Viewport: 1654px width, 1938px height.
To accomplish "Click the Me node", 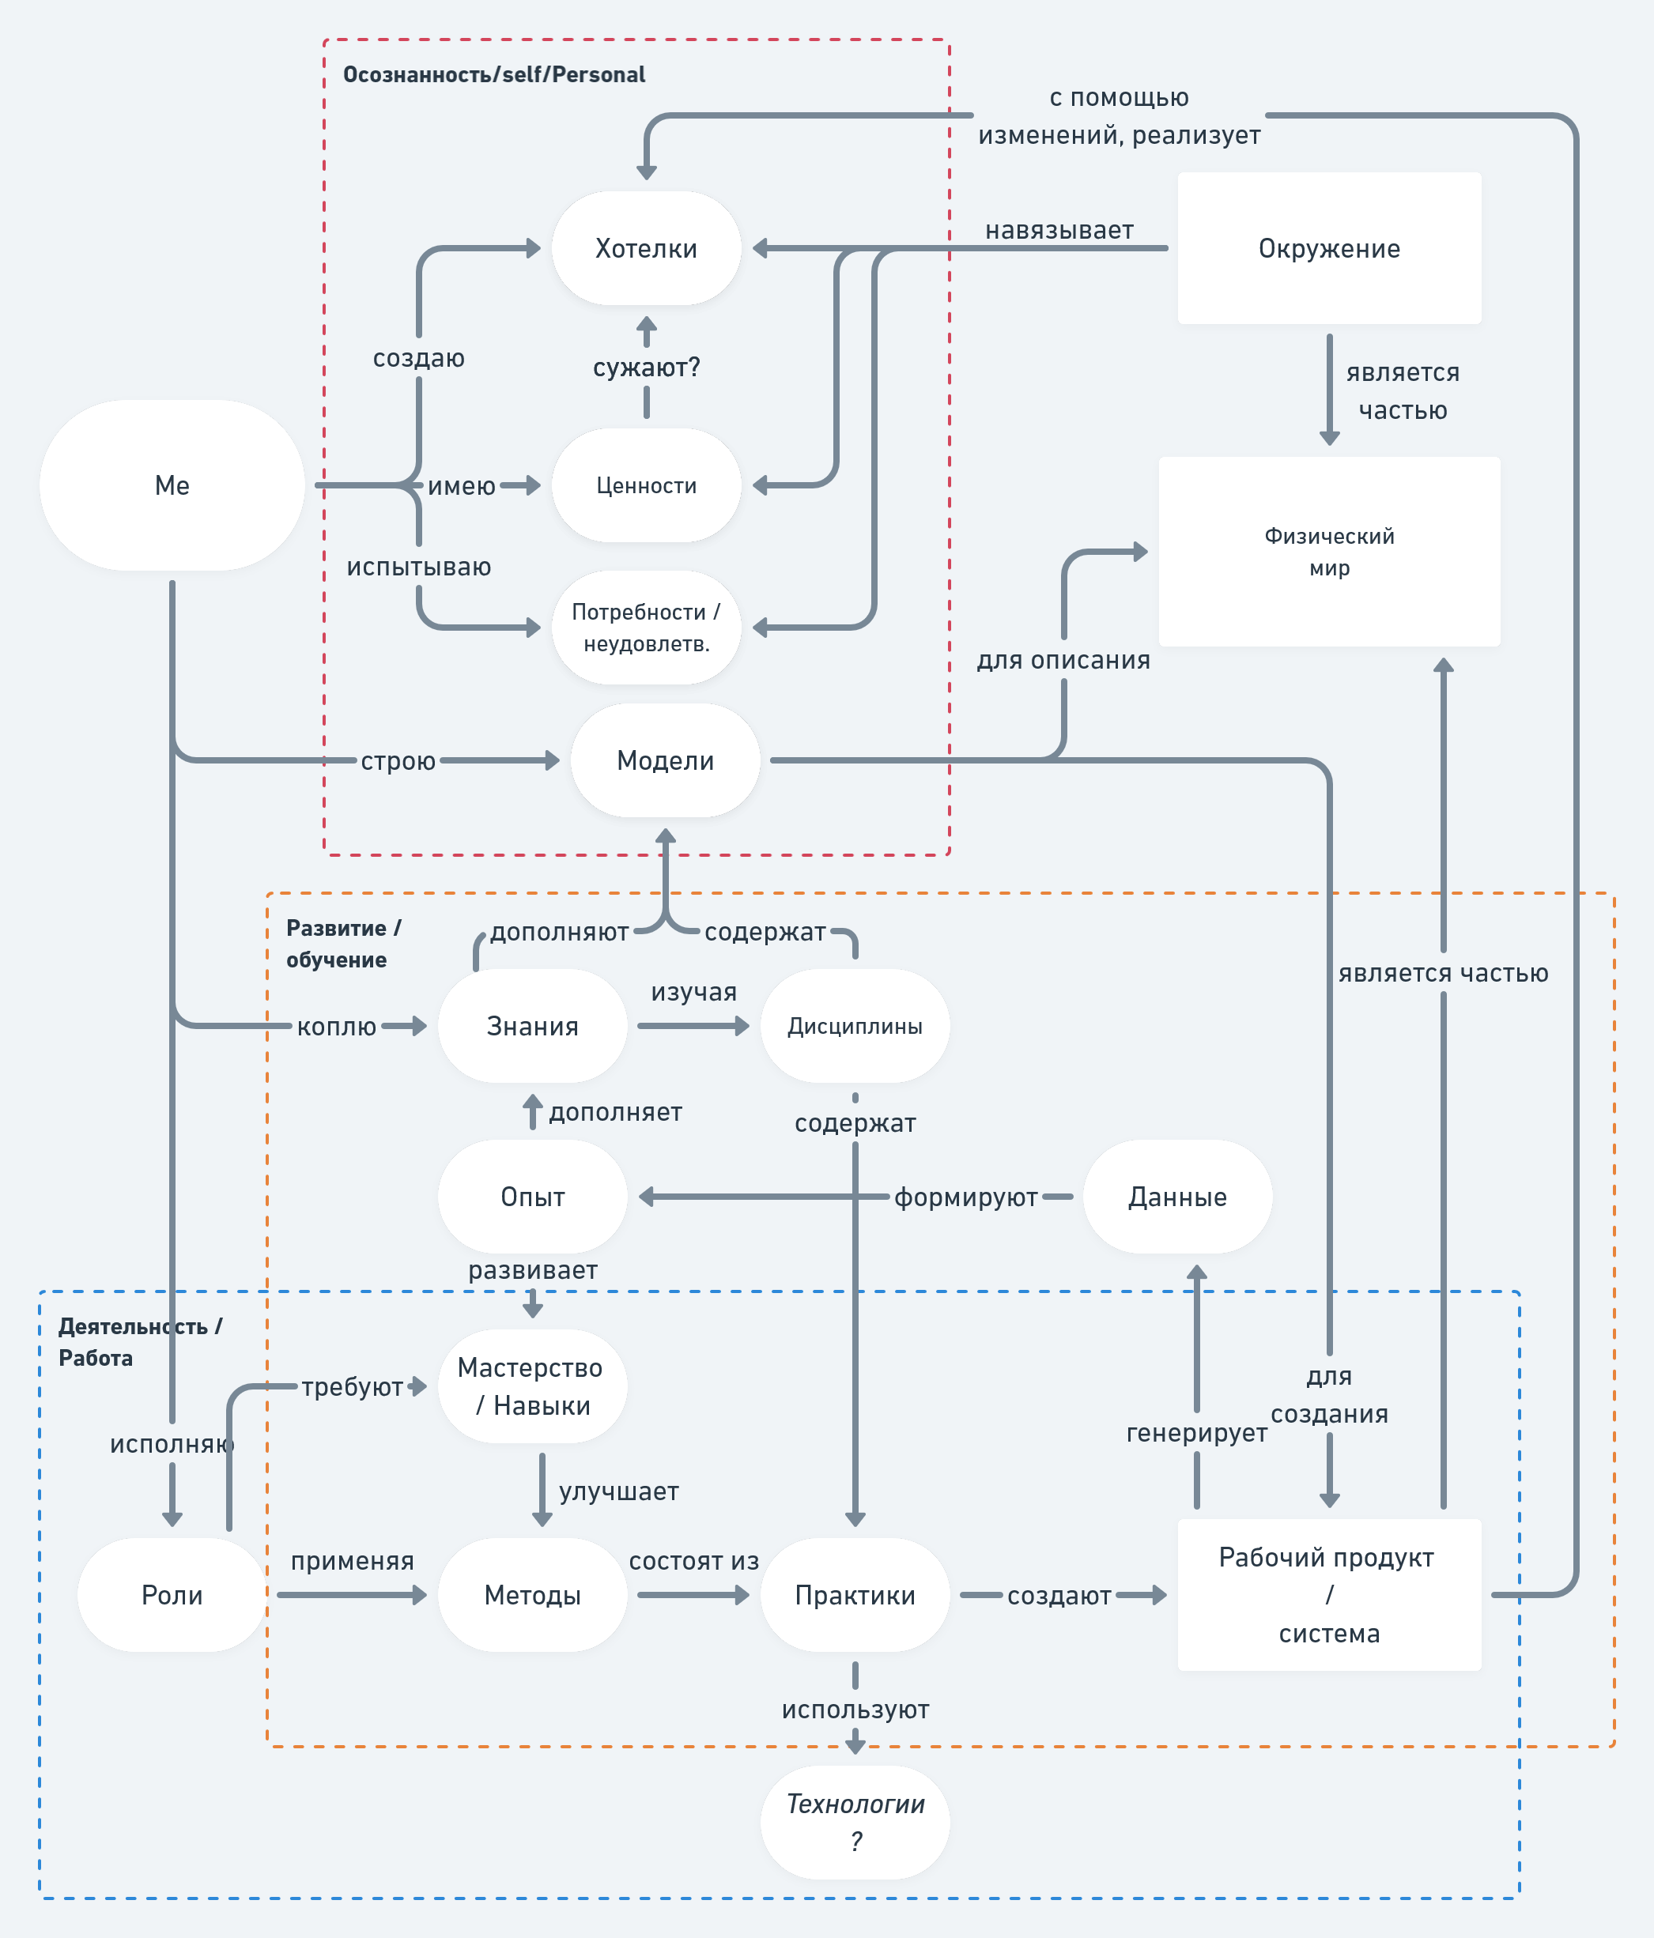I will tap(172, 485).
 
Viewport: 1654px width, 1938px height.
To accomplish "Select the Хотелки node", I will tap(647, 249).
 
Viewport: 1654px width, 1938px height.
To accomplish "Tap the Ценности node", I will tap(647, 485).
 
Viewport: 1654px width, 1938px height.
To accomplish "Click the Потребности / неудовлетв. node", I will tap(647, 628).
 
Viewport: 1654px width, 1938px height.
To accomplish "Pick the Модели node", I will tap(665, 760).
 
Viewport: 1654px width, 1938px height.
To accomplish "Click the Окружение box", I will tap(1328, 249).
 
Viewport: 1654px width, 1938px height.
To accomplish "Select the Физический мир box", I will tap(1328, 552).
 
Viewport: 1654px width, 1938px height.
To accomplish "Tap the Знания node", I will tap(532, 1026).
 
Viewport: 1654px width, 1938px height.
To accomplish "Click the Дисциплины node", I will tap(855, 1026).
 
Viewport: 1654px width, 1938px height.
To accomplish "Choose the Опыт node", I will tap(532, 1197).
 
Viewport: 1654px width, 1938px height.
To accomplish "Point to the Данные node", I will tap(1177, 1197).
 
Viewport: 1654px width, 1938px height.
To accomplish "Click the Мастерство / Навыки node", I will tap(532, 1386).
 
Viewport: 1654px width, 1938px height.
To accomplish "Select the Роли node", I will tap(172, 1595).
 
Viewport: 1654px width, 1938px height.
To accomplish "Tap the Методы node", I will tap(532, 1595).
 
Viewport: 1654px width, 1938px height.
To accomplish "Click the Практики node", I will tap(855, 1595).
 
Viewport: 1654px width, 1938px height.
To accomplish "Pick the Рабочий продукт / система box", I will tap(1328, 1595).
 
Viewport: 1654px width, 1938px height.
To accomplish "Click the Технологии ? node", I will tap(855, 1822).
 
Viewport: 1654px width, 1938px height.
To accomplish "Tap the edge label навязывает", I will tap(1059, 230).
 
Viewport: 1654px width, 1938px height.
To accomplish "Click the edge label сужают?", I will tap(647, 368).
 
